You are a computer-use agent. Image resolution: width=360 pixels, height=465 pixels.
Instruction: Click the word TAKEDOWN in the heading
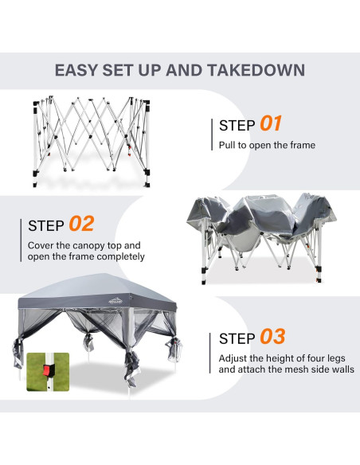[256, 70]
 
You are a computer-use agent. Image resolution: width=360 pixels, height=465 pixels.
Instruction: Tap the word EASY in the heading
[76, 70]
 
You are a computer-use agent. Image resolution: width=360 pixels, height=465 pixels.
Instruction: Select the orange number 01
[271, 123]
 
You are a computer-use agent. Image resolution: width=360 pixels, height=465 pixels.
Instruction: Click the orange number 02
[81, 224]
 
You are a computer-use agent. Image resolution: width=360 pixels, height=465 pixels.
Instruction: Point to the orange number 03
[272, 337]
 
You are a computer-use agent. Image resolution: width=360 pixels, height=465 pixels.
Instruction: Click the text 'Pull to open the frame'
[267, 145]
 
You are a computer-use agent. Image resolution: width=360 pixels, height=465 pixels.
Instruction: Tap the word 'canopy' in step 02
[88, 246]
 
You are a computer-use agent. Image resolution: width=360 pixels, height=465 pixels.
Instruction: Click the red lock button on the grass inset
[47, 370]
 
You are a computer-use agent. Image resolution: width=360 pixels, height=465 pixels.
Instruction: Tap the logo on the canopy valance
[115, 301]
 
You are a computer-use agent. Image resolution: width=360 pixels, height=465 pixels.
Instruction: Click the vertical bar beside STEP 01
[212, 135]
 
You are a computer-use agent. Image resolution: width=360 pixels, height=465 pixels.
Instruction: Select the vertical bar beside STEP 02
[21, 240]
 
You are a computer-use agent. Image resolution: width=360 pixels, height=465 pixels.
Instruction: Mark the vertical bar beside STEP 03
[210, 353]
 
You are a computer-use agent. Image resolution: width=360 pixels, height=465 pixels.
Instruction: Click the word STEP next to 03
[237, 338]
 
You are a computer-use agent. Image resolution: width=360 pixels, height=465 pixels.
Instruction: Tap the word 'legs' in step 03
[335, 358]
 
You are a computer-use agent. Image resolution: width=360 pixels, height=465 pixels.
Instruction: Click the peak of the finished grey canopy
[102, 274]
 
